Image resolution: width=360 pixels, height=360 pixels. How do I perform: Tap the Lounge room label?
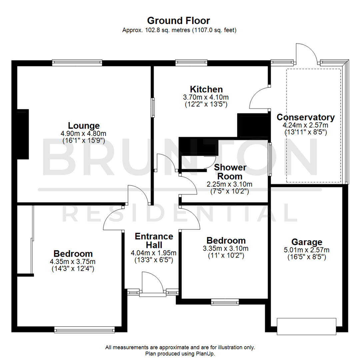84,126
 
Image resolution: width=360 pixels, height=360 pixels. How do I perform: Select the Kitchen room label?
206,89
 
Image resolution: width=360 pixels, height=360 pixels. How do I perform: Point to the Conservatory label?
306,117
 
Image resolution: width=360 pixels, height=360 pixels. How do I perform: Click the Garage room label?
307,242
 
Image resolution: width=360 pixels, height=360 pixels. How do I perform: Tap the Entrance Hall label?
154,241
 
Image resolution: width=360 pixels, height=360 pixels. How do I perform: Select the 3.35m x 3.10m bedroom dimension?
226,249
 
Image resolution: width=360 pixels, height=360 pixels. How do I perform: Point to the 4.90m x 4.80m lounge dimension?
84,133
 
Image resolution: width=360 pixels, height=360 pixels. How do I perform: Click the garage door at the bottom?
306,326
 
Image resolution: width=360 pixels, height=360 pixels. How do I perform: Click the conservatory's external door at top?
306,53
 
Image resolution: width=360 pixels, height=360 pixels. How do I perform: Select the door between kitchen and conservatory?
259,98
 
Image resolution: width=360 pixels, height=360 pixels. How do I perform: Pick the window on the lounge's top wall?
77,62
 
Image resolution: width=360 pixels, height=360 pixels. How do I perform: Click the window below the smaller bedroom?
225,302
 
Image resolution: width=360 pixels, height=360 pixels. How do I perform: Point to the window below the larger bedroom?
85,330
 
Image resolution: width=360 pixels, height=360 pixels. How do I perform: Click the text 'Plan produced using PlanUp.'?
180,353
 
